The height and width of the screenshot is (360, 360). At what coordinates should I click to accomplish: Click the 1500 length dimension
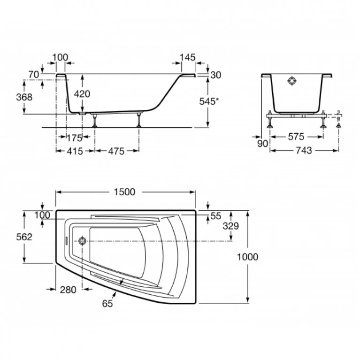tap(125, 192)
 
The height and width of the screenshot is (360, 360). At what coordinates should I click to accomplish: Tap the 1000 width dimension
tap(247, 257)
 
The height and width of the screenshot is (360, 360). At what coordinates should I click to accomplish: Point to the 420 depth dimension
tap(82, 94)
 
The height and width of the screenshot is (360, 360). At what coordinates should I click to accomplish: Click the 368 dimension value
tap(24, 97)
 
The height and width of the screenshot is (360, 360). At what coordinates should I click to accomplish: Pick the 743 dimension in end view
tap(304, 151)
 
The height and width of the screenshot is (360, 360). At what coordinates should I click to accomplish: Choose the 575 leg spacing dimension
tap(296, 137)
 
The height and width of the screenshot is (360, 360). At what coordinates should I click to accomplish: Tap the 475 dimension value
tap(116, 151)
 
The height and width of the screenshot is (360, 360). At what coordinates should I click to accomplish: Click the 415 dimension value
tap(75, 151)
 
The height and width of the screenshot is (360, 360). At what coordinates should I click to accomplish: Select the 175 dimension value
tap(74, 138)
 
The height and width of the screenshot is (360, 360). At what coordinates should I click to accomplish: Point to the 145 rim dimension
tap(187, 57)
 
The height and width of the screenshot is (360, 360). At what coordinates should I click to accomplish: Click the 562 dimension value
tap(24, 237)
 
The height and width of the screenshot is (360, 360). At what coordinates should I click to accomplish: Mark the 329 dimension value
tap(231, 226)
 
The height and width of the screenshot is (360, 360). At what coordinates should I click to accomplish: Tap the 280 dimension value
tap(68, 290)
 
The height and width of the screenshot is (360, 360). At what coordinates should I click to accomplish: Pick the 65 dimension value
tap(107, 304)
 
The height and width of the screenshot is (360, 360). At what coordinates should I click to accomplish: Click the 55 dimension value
tap(215, 216)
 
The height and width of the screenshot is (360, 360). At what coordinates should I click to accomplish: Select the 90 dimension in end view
tap(262, 144)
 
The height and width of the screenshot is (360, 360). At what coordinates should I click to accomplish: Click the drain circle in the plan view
tap(82, 241)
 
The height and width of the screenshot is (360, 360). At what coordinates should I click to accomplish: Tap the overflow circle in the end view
tap(292, 81)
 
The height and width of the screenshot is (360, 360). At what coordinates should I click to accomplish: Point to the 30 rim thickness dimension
tap(215, 75)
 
